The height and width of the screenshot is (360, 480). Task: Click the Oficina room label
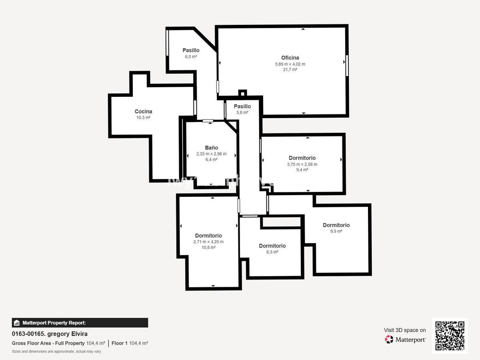[x=290, y=58]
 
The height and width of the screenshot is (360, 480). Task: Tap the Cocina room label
[x=143, y=112]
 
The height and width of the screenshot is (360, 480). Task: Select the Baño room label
[x=211, y=148]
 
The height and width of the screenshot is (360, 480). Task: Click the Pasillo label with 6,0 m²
[x=191, y=50]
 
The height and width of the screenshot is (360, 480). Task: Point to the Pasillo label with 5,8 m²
[x=242, y=106]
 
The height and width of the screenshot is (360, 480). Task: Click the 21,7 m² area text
[x=290, y=70]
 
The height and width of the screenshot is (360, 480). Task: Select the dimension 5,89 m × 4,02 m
[x=290, y=64]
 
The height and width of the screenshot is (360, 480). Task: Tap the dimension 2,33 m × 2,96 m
[x=211, y=154]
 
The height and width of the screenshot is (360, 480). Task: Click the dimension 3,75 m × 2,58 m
[x=302, y=164]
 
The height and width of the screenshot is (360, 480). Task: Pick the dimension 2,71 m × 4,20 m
[x=208, y=242]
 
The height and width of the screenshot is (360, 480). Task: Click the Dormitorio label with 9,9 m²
[x=336, y=225]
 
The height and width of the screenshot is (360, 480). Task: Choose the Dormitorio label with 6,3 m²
[x=272, y=246]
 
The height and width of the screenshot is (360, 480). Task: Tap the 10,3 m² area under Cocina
[x=143, y=118]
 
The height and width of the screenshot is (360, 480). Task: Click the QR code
[x=450, y=336]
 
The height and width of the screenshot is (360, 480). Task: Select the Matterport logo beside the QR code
[x=405, y=340]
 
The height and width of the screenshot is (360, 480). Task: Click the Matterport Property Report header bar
[x=80, y=323]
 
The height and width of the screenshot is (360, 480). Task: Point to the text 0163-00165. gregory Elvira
[x=50, y=334]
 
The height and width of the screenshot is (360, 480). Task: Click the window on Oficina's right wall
[x=347, y=65]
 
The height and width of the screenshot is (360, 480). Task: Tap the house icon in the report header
[x=17, y=323]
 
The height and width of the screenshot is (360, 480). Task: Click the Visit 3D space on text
[x=405, y=330]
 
